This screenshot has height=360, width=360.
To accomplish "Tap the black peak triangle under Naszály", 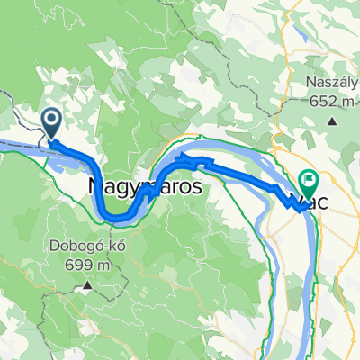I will tap(333, 120).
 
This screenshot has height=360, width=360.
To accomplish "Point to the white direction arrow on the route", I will tap(190, 159).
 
